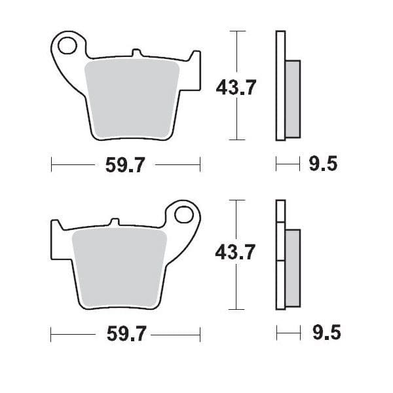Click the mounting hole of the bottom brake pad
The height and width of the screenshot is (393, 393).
tap(185, 215)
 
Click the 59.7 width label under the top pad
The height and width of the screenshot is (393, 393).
tap(125, 165)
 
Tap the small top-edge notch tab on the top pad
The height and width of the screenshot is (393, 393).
tap(136, 52)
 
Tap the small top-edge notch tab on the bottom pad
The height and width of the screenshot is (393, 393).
tap(115, 221)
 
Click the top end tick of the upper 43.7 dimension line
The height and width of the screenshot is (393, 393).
tap(236, 31)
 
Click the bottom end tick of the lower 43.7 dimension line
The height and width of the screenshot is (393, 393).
tap(236, 309)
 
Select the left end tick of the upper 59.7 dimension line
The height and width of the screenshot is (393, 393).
tap(51, 165)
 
